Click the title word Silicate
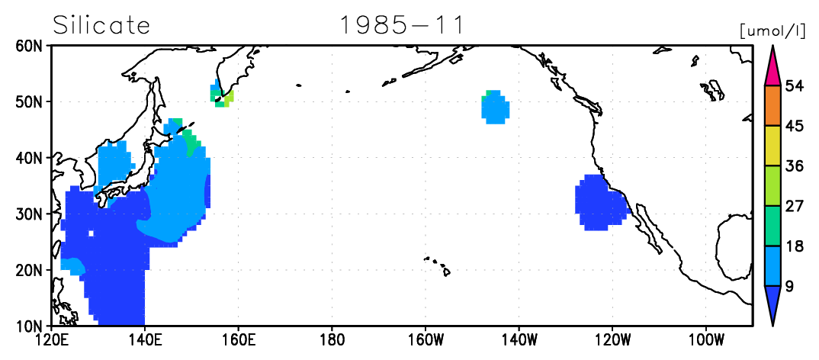101,24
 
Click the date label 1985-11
401,25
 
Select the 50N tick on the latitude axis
31,101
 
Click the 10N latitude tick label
31,326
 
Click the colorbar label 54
794,85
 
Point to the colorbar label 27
794,206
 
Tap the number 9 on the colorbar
790,286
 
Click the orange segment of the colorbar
772,105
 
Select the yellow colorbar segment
772,146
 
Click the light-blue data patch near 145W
495,108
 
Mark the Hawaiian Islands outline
438,265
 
